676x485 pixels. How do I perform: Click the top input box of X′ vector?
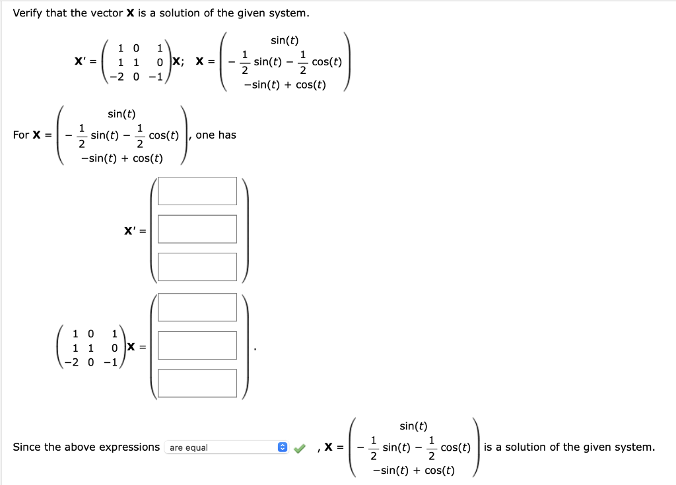point(197,191)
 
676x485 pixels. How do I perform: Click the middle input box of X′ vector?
point(197,229)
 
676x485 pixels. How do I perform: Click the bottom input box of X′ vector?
point(197,267)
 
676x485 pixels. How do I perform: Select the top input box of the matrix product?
point(197,307)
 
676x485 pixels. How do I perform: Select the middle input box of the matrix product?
point(197,345)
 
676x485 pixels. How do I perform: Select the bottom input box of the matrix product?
point(197,383)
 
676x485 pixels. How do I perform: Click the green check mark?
point(300,448)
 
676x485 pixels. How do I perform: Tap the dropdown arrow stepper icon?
point(283,447)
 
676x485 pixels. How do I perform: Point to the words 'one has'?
point(216,135)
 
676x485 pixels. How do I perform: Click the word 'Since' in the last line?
point(27,447)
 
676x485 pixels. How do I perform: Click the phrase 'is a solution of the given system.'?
point(569,447)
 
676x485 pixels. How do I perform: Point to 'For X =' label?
point(32,135)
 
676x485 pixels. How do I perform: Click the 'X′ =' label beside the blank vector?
point(135,231)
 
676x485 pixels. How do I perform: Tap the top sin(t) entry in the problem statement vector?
point(285,41)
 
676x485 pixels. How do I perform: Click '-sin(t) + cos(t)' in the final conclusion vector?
point(413,470)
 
